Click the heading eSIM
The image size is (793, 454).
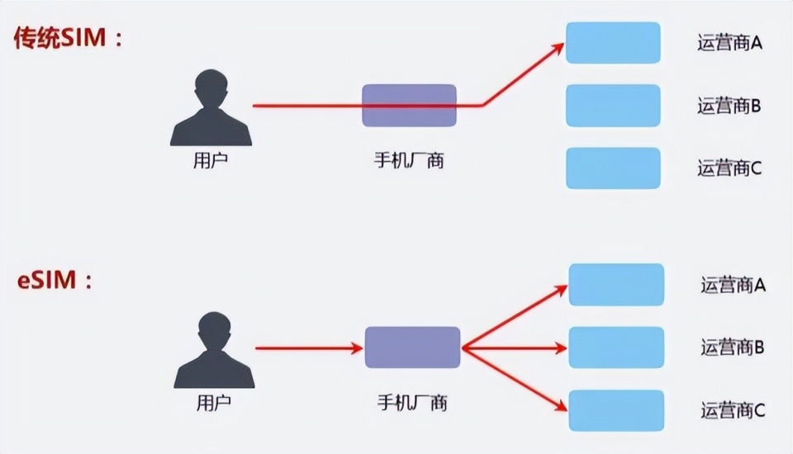55,281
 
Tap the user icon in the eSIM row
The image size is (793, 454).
214,350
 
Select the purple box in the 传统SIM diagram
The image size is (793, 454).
409,106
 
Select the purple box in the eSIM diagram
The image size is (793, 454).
412,348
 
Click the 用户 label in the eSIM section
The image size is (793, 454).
214,403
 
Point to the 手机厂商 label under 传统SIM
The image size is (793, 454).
409,160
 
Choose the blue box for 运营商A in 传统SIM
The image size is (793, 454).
613,43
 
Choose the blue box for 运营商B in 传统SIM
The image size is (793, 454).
613,106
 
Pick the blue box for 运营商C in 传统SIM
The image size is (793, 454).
613,168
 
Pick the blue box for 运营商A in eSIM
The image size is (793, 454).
616,285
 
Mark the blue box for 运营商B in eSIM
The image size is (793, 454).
616,348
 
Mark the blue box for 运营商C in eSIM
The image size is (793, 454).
616,410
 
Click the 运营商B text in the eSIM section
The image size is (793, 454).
733,348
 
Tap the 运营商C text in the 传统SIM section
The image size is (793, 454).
729,168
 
